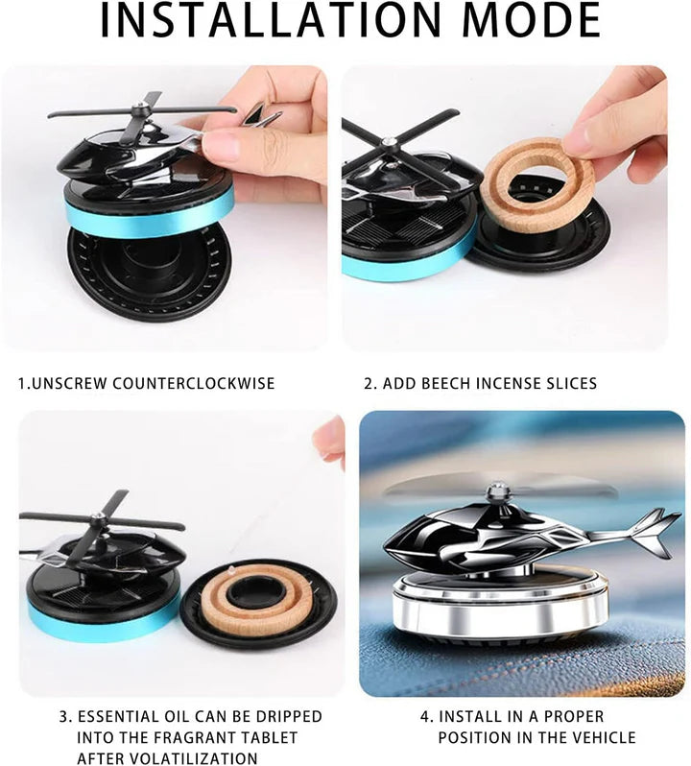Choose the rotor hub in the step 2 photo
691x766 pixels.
coord(389,146)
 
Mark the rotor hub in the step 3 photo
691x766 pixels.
coord(97,519)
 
